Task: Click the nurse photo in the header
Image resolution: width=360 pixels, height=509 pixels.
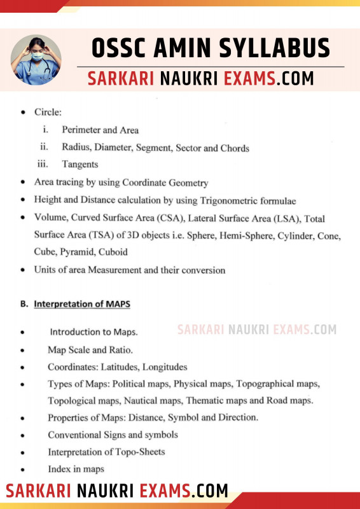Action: (x=36, y=60)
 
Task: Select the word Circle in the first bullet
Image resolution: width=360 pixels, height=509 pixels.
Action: (x=48, y=113)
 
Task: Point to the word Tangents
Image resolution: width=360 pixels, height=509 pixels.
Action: (x=80, y=165)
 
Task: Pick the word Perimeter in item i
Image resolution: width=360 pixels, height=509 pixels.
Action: (x=81, y=130)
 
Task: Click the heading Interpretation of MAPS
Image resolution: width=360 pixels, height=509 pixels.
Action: (x=82, y=304)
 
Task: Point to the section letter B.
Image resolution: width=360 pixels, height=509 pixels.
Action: (x=24, y=304)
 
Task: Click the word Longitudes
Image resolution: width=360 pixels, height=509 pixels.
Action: (x=165, y=366)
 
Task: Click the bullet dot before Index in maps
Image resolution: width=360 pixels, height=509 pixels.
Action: (x=23, y=470)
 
